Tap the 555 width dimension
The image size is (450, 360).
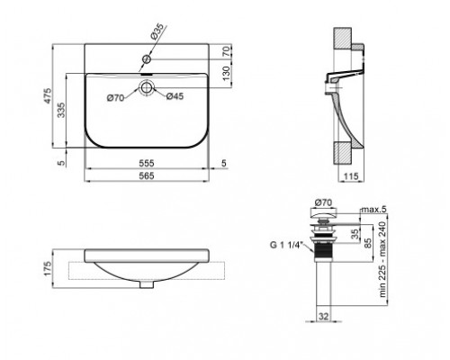pos(150,165)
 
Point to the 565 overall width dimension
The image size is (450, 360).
pos(150,177)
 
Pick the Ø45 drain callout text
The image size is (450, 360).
pos(175,98)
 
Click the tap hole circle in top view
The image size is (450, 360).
pos(147,60)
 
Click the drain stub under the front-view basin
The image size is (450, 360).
pos(147,285)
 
